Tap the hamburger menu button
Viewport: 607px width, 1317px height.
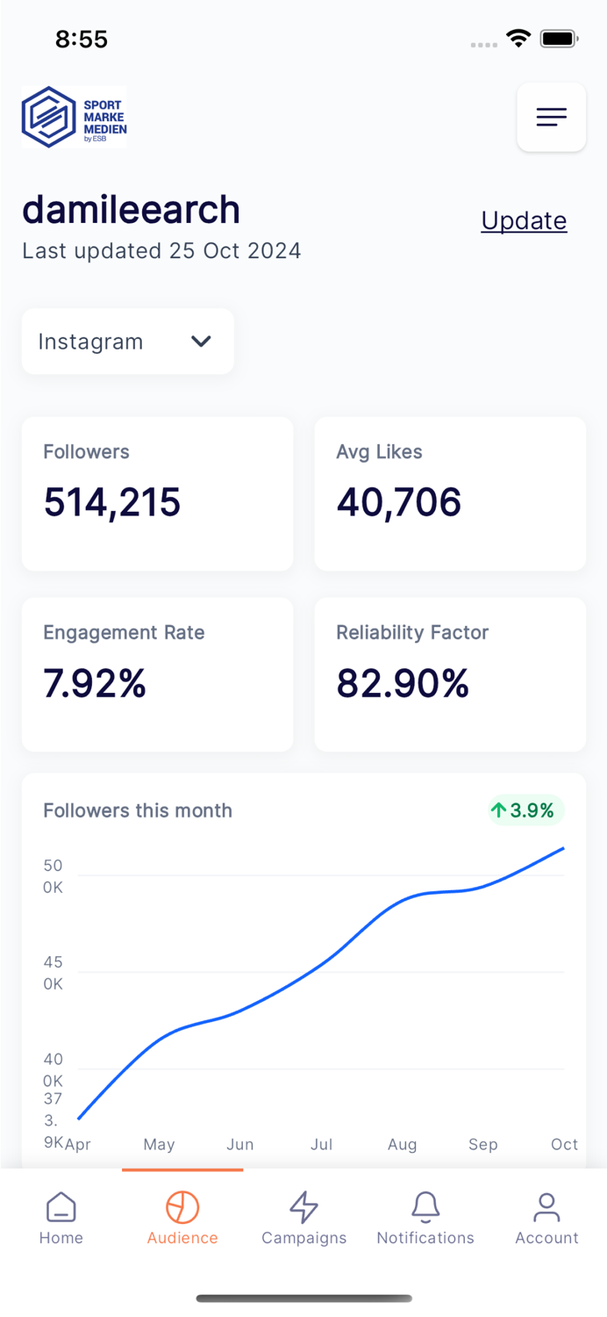coord(551,117)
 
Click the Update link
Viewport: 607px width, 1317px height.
coord(524,220)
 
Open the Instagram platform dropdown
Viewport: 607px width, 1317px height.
coord(128,342)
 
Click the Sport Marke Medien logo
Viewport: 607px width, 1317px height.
coord(75,117)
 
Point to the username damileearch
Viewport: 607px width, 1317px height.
coord(131,210)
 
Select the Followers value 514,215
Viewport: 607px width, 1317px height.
coord(112,502)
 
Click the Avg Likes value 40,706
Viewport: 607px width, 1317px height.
coord(398,502)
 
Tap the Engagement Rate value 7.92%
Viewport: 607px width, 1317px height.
coord(95,684)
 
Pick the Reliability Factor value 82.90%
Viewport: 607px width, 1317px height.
coord(403,684)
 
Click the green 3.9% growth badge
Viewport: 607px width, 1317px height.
coord(525,810)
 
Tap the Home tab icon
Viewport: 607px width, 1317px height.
coord(61,1207)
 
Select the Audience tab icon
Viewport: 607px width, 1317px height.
coord(182,1207)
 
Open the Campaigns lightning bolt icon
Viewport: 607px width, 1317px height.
coord(303,1207)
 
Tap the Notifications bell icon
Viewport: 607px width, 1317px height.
coord(425,1207)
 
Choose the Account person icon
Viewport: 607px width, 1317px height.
coord(546,1207)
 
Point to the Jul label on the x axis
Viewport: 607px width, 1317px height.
coord(322,1144)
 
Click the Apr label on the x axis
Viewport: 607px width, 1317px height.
coord(78,1144)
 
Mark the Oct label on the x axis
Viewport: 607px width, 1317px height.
coord(564,1144)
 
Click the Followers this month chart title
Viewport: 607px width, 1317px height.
coord(138,810)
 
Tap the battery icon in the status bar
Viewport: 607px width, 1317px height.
coord(558,39)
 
